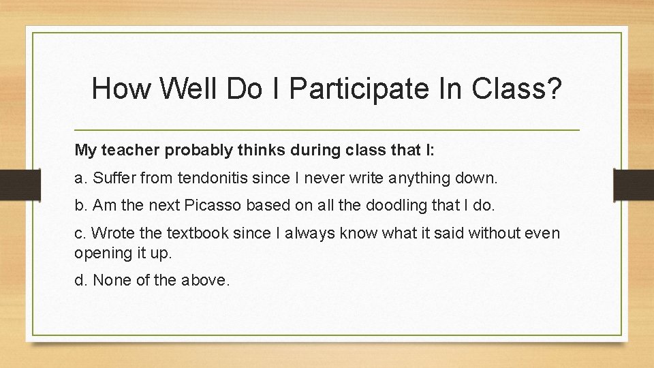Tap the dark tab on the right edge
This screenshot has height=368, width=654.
click(x=634, y=185)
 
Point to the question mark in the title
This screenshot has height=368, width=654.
click(x=553, y=89)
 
